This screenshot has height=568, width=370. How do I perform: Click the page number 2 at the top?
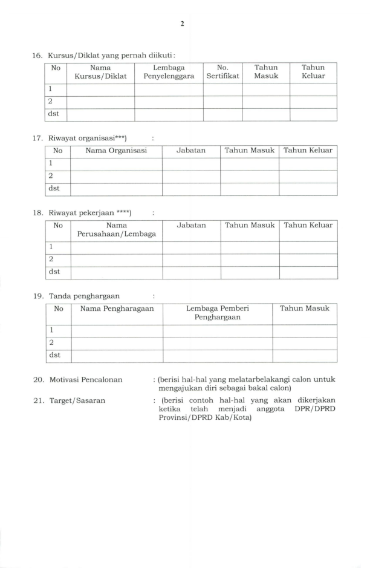click(182, 24)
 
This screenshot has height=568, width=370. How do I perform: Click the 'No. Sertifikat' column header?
click(222, 72)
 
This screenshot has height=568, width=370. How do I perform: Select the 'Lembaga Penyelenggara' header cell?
click(169, 72)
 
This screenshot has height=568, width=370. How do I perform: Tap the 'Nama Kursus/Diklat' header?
click(100, 72)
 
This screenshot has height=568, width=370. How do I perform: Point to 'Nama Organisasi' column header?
click(117, 150)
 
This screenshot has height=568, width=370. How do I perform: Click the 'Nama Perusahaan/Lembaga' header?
click(117, 229)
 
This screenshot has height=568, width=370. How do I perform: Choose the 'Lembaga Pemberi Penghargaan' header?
click(218, 312)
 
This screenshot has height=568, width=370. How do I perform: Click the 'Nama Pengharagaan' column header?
click(117, 308)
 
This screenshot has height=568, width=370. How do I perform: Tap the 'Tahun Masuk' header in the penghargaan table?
click(305, 308)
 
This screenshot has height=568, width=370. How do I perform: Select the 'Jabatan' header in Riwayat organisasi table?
click(191, 150)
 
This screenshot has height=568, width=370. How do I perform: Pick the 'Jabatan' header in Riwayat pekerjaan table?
click(191, 225)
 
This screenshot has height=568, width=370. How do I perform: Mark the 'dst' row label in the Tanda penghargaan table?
click(59, 355)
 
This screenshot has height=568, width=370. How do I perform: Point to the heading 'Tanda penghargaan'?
click(83, 296)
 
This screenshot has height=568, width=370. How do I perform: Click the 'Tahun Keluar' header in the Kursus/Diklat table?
click(313, 72)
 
